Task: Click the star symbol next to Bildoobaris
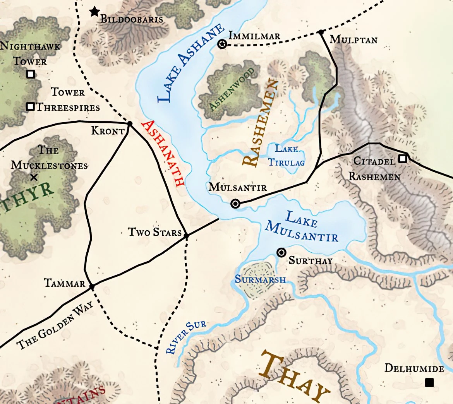pos(94,12)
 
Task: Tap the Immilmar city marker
pos(222,44)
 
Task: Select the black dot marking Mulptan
pos(321,32)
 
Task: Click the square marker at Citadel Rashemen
pos(403,158)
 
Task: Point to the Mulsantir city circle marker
pos(235,204)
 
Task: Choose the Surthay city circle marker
pos(281,253)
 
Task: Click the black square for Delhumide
pos(429,382)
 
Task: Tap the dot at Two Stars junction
pos(186,236)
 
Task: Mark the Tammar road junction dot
pos(92,287)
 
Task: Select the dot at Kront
pos(130,124)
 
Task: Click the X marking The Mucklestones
pos(34,177)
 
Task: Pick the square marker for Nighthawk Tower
pos(31,74)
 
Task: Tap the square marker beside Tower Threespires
pos(30,106)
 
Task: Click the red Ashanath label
pos(163,153)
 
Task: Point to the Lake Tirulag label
pos(287,155)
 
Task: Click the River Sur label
pos(185,337)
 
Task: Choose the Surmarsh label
pos(260,279)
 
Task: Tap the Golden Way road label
pos(55,325)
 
